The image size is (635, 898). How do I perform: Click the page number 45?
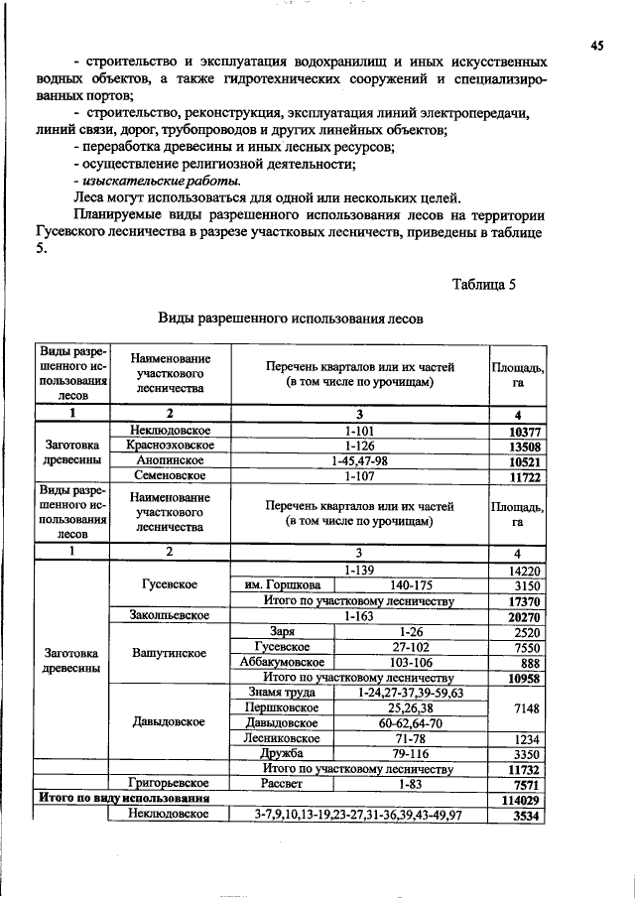(x=596, y=45)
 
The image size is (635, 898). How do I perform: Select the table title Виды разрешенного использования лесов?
(x=291, y=320)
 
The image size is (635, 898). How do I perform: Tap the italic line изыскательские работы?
(x=156, y=181)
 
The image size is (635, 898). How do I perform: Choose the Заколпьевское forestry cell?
(x=169, y=616)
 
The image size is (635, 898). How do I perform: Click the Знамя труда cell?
(x=282, y=693)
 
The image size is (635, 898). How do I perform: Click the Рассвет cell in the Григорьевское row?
(x=282, y=783)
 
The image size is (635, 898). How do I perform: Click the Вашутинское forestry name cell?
(x=169, y=654)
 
